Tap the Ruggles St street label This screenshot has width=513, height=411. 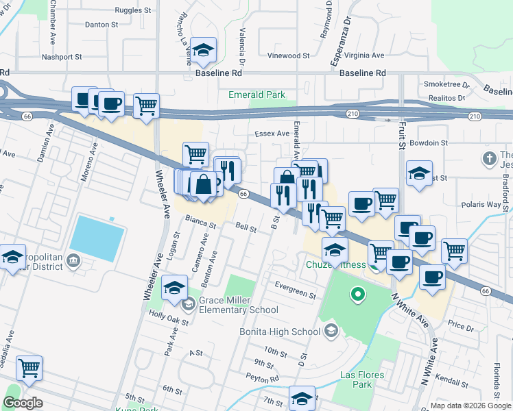click(134, 11)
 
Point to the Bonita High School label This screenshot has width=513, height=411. click(280, 332)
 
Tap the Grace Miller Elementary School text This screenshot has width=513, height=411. click(238, 305)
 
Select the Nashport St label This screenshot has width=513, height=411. click(62, 57)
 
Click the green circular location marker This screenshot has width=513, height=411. click(357, 296)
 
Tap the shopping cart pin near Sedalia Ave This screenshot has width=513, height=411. click(29, 368)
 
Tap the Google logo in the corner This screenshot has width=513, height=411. click(23, 403)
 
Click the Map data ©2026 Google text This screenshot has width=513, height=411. click(470, 406)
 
